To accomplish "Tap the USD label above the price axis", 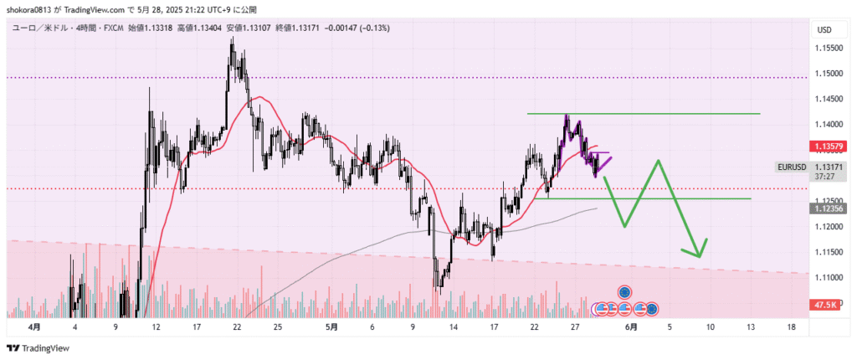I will [824, 30].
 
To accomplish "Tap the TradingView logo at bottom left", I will [38, 348].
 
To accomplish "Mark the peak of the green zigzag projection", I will [660, 160].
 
